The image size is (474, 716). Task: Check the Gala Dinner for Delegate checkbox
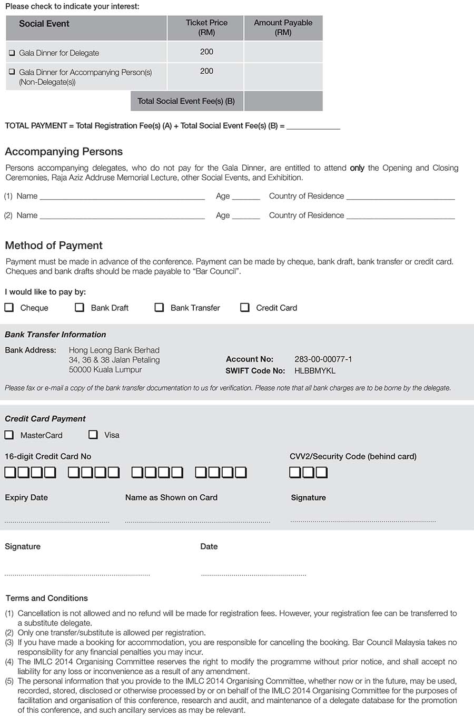(12, 53)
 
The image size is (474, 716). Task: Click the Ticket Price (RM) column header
(206, 27)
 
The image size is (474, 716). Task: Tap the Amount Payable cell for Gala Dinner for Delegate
(283, 52)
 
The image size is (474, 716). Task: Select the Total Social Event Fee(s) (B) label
(186, 101)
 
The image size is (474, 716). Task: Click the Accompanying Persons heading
(64, 152)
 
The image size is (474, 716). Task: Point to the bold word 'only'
(357, 168)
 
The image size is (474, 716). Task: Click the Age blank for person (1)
(246, 197)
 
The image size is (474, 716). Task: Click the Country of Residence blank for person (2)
(400, 216)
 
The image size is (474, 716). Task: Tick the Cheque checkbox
(9, 307)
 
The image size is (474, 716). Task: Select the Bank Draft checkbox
(80, 307)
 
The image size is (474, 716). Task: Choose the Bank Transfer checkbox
(159, 307)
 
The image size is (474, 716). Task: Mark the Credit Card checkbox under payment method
(245, 307)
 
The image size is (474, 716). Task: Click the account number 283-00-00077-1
(323, 359)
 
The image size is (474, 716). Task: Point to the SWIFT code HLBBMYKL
(314, 371)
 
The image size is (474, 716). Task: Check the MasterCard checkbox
(9, 435)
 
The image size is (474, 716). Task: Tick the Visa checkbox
(93, 435)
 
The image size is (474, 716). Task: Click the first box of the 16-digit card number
(11, 473)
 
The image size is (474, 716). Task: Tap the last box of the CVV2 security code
(321, 473)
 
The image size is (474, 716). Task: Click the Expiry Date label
(26, 498)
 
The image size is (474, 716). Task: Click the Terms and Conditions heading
(47, 599)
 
